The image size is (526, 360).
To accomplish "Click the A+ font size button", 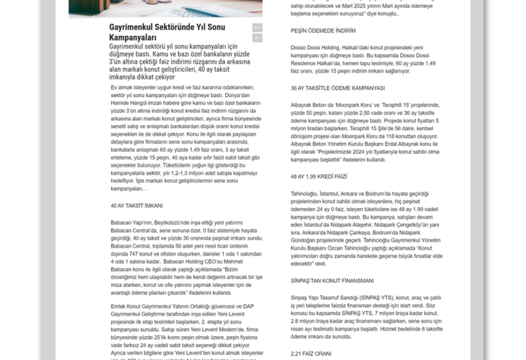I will click(x=257, y=27).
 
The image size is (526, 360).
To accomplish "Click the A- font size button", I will click(x=257, y=37).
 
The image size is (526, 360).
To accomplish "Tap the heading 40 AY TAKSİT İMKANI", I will click(x=136, y=205).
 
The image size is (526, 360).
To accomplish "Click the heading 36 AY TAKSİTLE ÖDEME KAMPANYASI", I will click(x=338, y=88).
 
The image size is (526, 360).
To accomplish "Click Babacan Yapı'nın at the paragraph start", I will click(x=131, y=222).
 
